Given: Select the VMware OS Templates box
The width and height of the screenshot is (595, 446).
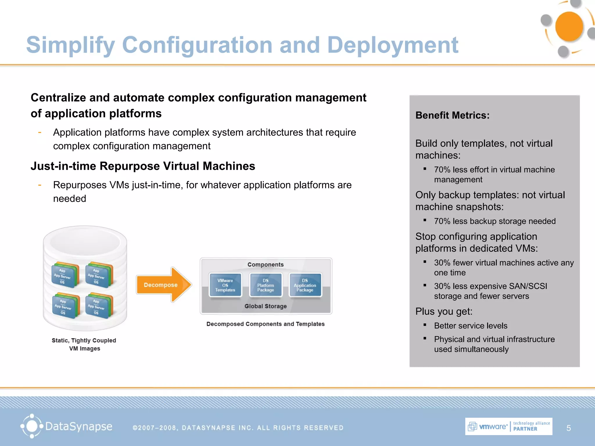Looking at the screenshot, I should pyautogui.click(x=225, y=285).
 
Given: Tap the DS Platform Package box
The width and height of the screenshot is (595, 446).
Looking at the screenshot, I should pyautogui.click(x=266, y=285).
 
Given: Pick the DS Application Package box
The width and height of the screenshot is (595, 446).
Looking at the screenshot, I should pyautogui.click(x=305, y=285).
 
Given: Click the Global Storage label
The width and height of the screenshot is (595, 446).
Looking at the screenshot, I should pyautogui.click(x=266, y=306).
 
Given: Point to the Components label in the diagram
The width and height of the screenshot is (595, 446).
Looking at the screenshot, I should pyautogui.click(x=266, y=265).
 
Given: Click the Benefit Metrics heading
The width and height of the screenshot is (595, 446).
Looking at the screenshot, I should pyautogui.click(x=452, y=115).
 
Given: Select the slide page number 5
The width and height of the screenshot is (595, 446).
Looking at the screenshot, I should pyautogui.click(x=569, y=428).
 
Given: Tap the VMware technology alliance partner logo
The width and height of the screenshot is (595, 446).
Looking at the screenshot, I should pyautogui.click(x=508, y=426).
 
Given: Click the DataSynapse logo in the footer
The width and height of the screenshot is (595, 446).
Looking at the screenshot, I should pyautogui.click(x=67, y=426).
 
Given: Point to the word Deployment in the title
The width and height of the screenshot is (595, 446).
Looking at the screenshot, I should pyautogui.click(x=393, y=45).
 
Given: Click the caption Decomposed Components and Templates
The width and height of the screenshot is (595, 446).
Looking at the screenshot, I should pyautogui.click(x=266, y=324).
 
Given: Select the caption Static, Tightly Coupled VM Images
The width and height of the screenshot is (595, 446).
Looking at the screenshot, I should pyautogui.click(x=84, y=344).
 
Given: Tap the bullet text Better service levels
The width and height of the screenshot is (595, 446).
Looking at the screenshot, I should pyautogui.click(x=471, y=326).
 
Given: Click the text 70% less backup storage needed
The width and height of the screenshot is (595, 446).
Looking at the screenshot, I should pyautogui.click(x=495, y=221).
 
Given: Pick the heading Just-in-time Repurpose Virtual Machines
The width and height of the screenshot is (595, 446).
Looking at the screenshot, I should pyautogui.click(x=143, y=166).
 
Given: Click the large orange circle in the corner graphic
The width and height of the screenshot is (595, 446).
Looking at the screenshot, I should pyautogui.click(x=569, y=27).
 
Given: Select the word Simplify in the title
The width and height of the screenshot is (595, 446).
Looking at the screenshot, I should pyautogui.click(x=71, y=45).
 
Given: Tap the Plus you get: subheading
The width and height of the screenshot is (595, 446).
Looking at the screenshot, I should pyautogui.click(x=444, y=311).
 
